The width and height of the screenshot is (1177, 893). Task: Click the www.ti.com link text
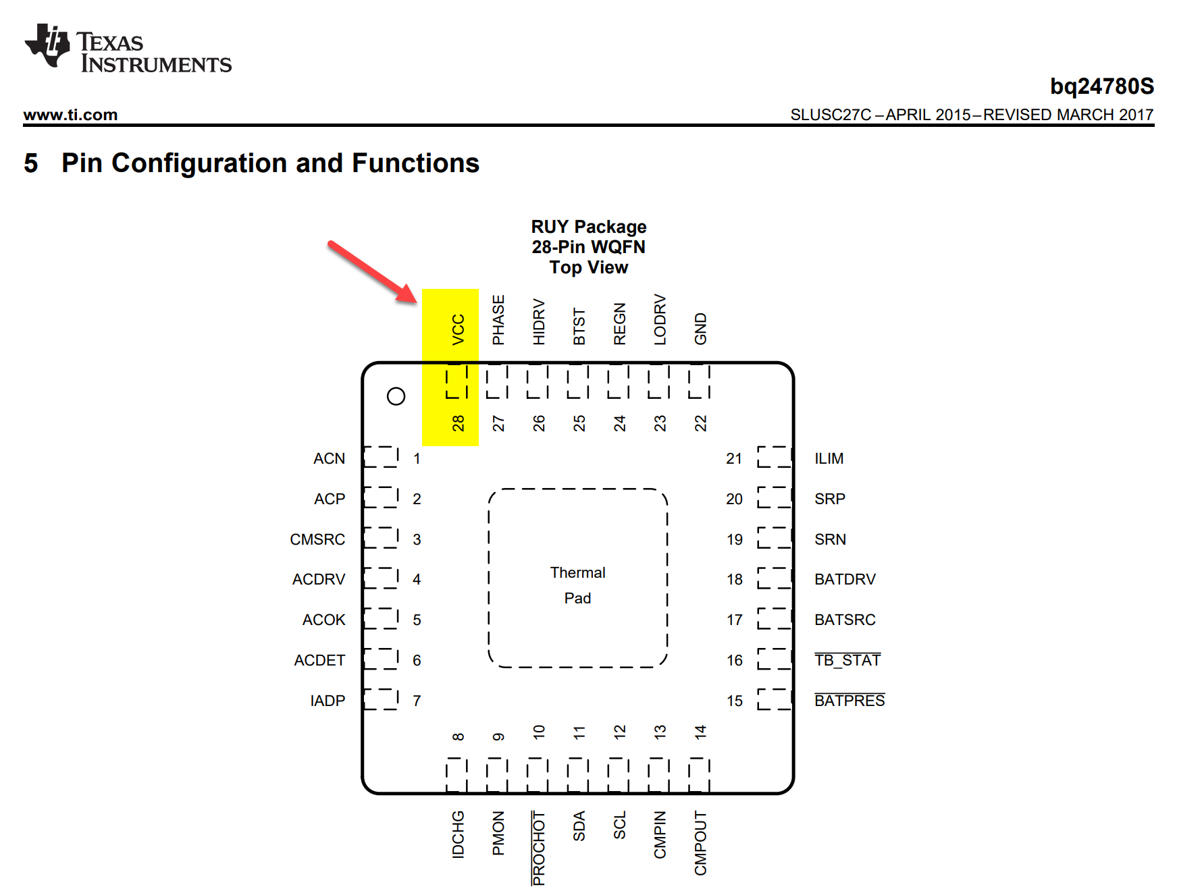click(x=70, y=115)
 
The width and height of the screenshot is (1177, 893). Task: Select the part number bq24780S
click(x=1101, y=86)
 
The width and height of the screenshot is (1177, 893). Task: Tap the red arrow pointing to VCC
click(x=371, y=271)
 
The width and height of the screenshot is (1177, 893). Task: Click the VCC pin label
click(x=459, y=329)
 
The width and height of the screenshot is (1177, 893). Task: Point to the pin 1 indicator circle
click(x=396, y=396)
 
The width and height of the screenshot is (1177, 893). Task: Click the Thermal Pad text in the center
click(x=578, y=585)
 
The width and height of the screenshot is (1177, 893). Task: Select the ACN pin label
click(x=329, y=459)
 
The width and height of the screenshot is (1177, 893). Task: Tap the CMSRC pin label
click(x=317, y=540)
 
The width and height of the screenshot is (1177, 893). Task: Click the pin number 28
click(x=459, y=423)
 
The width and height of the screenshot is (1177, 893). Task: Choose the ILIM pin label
click(x=829, y=459)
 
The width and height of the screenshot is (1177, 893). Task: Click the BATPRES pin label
click(x=849, y=701)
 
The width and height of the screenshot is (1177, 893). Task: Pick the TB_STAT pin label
click(x=847, y=660)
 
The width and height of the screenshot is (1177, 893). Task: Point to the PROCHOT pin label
click(x=539, y=848)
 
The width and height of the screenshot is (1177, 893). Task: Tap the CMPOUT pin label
click(x=701, y=844)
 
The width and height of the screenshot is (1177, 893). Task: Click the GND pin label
click(x=701, y=329)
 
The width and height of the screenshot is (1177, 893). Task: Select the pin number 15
click(x=735, y=701)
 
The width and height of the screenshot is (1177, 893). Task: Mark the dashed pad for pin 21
click(x=774, y=457)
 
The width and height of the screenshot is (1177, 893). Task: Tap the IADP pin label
click(x=328, y=701)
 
